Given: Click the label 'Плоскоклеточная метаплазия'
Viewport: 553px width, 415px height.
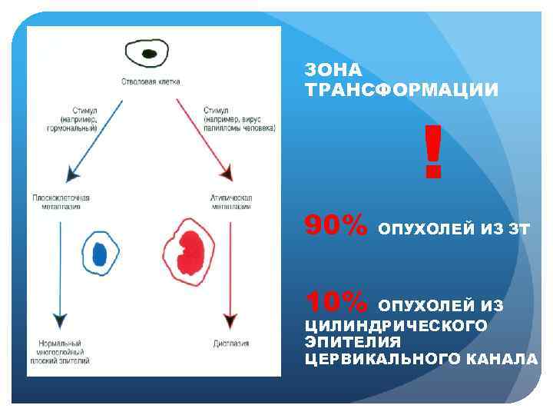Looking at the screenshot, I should pos(61,201).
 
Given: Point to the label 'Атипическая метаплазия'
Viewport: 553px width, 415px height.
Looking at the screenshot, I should pos(230,201).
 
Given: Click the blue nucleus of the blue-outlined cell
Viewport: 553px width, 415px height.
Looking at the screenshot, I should pos(100,254).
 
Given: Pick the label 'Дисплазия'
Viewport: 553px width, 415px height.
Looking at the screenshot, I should pos(230,344).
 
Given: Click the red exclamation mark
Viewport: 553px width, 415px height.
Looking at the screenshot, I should pos(433,152).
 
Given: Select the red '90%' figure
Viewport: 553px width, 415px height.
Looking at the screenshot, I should pos(336,226).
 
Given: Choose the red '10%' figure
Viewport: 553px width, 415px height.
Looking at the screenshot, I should pos(336,300).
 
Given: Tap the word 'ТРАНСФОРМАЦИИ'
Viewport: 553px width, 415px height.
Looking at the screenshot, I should pos(402,91).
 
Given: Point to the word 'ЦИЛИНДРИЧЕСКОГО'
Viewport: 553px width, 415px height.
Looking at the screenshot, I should pos(396,326).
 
